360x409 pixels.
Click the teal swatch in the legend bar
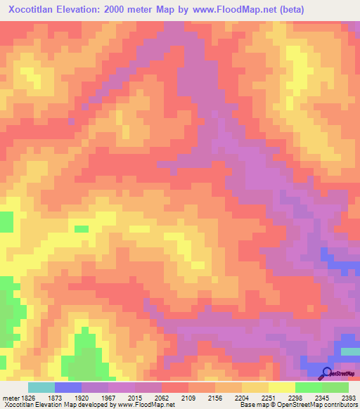coord(41,387)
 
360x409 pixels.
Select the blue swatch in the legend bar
coord(68,387)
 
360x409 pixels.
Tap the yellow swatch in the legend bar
coord(281,387)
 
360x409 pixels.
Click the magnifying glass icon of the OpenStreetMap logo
coord(326,373)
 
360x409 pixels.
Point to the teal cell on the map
coord(350,351)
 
